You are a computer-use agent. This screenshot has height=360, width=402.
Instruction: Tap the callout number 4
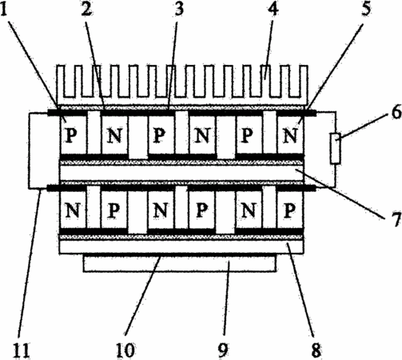(273, 8)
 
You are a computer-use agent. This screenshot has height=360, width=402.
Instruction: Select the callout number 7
(396, 219)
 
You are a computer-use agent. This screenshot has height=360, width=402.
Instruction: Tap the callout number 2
(86, 8)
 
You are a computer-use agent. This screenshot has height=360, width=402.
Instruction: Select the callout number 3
(179, 8)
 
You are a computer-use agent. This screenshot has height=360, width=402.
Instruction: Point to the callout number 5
(366, 8)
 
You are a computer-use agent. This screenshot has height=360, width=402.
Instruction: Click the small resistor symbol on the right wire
(335, 148)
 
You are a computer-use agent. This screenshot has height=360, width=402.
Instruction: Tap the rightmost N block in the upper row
(290, 135)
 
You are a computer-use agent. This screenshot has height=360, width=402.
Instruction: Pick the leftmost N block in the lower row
(73, 210)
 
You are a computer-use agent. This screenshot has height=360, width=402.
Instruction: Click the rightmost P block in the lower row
(290, 210)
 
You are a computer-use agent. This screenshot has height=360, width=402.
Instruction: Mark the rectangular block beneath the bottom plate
(179, 263)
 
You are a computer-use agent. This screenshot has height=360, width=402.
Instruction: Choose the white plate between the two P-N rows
(181, 173)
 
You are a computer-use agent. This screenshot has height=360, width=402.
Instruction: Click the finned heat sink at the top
(181, 84)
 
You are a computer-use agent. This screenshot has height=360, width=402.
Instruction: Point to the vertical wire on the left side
(29, 150)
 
